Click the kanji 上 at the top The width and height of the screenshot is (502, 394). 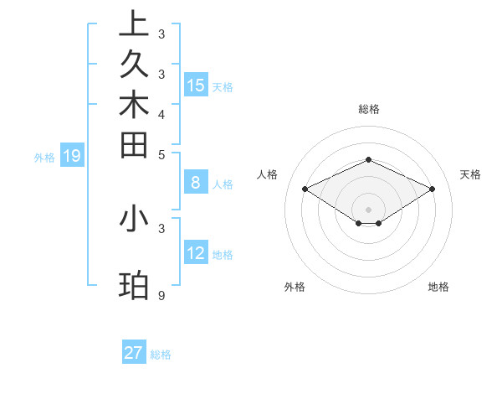click(134, 25)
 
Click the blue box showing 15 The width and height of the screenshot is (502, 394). click(196, 85)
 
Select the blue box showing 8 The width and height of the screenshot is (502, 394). click(196, 182)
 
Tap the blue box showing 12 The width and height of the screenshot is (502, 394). click(196, 253)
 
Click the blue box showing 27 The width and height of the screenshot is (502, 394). click(134, 353)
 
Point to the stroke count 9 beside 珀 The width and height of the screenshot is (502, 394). click(161, 296)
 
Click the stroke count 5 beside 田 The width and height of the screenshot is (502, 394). click(161, 154)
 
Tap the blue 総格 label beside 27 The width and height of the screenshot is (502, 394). click(161, 355)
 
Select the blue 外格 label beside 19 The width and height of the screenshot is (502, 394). click(44, 157)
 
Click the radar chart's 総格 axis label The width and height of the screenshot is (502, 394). click(368, 109)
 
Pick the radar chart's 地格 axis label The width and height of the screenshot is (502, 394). click(438, 287)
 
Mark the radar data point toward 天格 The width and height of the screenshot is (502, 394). click(432, 189)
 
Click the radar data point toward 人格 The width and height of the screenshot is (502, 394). click(305, 189)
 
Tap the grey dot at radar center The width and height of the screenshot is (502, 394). click(368, 209)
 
